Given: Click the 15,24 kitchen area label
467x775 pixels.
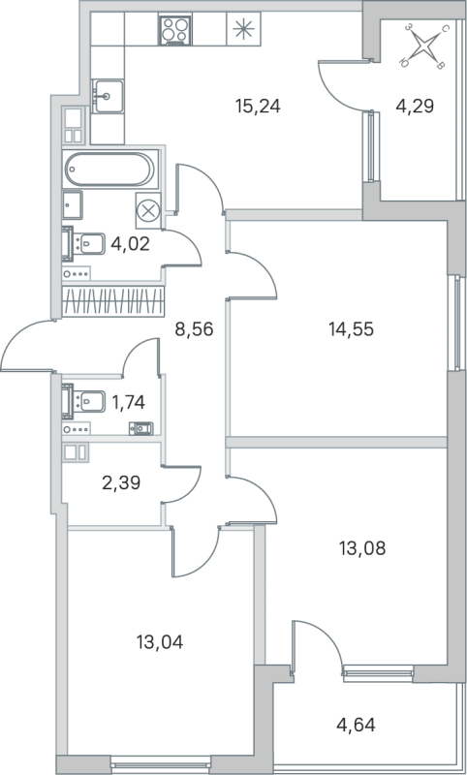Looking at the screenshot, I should pos(258,106).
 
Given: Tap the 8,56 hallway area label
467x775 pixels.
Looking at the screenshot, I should pos(193,328).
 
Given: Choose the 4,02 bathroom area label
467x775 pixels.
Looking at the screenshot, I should pos(130,242).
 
